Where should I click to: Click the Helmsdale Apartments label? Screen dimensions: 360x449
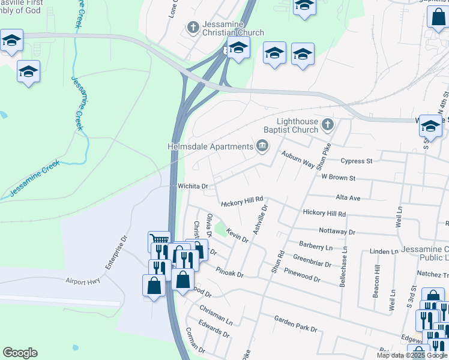pos(210,147)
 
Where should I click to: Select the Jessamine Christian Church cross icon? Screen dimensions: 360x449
pos(193,27)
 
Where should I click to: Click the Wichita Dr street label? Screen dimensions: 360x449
pos(192,187)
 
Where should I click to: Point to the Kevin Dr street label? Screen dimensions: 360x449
pos(237,235)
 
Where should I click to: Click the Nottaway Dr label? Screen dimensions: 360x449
pos(337,231)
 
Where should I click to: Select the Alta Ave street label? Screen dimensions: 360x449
pos(348,197)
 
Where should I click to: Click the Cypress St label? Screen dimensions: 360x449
pos(357,161)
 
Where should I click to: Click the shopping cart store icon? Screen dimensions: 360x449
pos(159,241)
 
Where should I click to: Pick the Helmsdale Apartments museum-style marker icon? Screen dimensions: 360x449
pos(262,146)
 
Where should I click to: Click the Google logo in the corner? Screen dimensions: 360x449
pos(20,353)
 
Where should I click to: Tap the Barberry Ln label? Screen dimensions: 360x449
pos(316,246)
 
